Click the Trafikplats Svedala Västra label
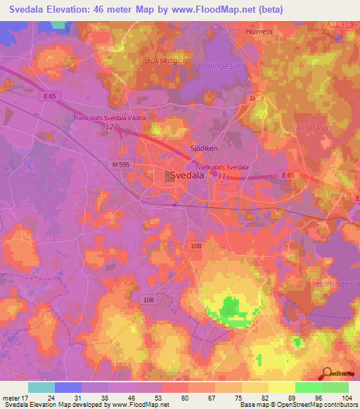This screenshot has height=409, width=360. pyautogui.click(x=109, y=118)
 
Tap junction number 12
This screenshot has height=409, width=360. pyautogui.click(x=109, y=127)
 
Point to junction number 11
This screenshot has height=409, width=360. pyautogui.click(x=222, y=176)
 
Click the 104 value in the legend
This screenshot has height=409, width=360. pyautogui.click(x=345, y=397)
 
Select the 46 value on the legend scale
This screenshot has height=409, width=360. pyautogui.click(x=132, y=397)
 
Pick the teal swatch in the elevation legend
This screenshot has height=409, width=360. pyautogui.click(x=41, y=387)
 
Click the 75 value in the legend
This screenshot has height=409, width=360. pyautogui.click(x=238, y=397)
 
